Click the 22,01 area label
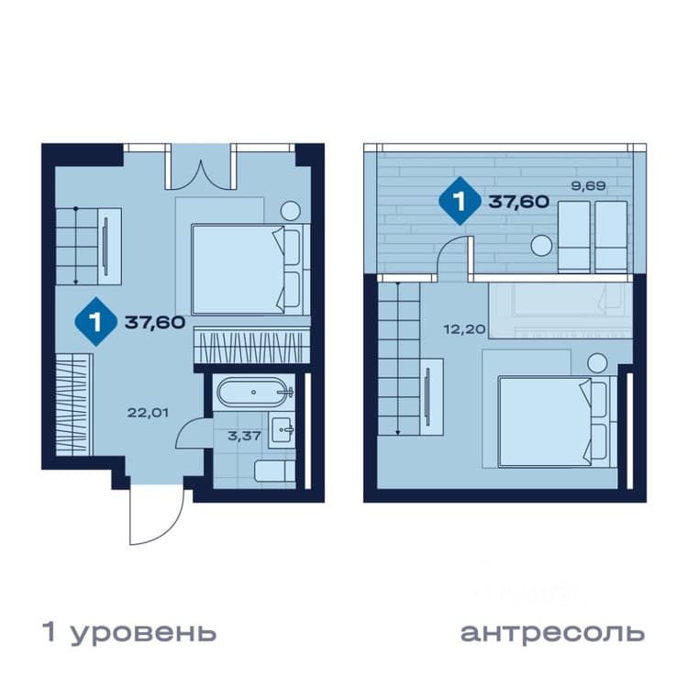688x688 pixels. pos(148,413)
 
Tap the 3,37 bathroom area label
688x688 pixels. pos(244,436)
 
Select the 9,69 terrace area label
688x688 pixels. pos(588,186)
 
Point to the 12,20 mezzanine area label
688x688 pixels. pos(465,328)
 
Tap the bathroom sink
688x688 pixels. pos(282,430)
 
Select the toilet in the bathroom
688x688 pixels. pos(275,472)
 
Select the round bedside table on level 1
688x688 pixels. pos(291,211)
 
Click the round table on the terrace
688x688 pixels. pos(541,246)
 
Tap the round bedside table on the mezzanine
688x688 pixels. pos(597,363)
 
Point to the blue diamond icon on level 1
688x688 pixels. pos(96,322)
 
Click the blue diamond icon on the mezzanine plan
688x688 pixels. pos(460,202)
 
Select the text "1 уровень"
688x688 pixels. pos(129,632)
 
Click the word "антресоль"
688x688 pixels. pos(552,633)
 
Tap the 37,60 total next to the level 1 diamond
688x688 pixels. pos(155,323)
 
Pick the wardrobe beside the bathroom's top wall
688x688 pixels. pos(252,346)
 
